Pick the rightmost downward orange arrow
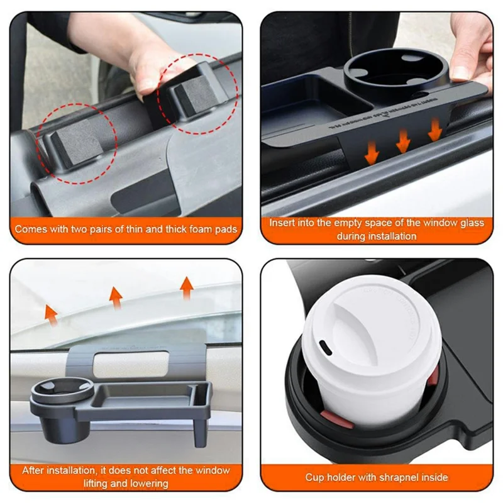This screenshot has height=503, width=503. pyautogui.click(x=434, y=130)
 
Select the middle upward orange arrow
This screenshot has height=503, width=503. pyautogui.click(x=115, y=297)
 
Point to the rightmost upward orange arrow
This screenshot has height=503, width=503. pyautogui.click(x=186, y=287)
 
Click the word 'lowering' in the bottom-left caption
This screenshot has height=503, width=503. pyautogui.click(x=148, y=484)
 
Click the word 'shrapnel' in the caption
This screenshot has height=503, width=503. pyautogui.click(x=396, y=477)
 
